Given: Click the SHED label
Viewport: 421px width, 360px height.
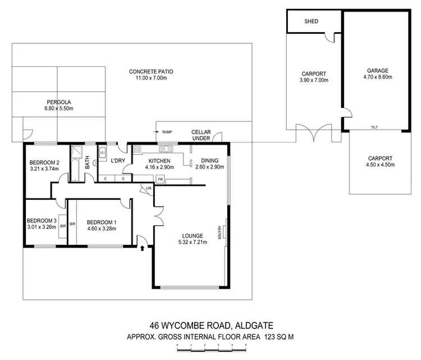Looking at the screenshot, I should [x=312, y=21].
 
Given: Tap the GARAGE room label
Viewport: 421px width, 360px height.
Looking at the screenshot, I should [x=374, y=71].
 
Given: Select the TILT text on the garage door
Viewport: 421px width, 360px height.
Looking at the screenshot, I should [x=374, y=127].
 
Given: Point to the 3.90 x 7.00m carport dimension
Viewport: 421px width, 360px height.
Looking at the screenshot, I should [x=313, y=81].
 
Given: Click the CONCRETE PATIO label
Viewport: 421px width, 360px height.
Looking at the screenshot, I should [x=151, y=71].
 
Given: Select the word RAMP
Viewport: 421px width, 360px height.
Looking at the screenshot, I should [x=167, y=133].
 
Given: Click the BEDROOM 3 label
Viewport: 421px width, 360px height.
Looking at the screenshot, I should [x=42, y=221].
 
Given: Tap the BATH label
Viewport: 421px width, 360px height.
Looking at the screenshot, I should [x=88, y=163].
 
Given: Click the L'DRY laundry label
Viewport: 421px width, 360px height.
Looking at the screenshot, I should [x=118, y=161].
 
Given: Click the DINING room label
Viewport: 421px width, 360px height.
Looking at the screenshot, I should [x=210, y=161].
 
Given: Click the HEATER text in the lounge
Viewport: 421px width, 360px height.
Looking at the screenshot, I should [x=219, y=231].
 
